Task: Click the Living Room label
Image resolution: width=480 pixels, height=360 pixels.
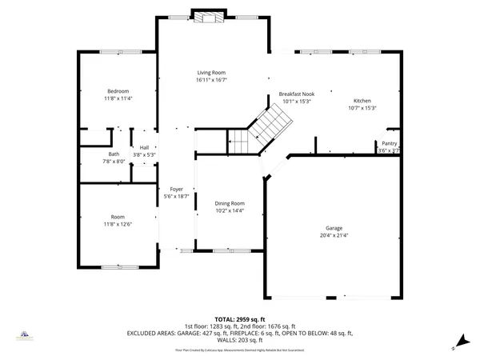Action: [x=211, y=73]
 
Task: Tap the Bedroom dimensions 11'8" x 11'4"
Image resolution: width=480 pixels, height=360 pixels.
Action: [x=118, y=98]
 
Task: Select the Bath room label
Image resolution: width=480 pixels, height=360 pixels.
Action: [x=114, y=154]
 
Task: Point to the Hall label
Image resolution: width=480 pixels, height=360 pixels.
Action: [x=145, y=147]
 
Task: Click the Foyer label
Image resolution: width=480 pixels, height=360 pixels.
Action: [x=176, y=189]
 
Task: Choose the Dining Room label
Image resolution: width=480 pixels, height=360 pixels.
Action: [x=229, y=203]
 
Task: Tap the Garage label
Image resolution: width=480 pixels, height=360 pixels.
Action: [x=334, y=228]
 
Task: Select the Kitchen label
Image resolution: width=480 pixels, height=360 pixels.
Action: [x=362, y=100]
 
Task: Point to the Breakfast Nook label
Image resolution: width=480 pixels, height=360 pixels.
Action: [x=296, y=94]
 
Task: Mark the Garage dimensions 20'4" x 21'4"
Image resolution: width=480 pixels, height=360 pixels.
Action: [x=334, y=235]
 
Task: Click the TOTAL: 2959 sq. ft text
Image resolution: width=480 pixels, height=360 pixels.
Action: [x=239, y=318]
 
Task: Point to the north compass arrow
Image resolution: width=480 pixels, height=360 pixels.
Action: [x=457, y=346]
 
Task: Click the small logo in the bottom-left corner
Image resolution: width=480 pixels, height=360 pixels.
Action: [x=26, y=337]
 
